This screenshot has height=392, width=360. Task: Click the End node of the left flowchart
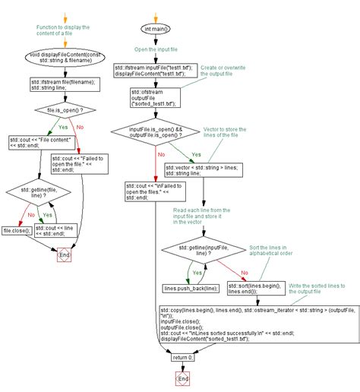point(65,255)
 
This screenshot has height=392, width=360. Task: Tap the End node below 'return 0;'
point(182,378)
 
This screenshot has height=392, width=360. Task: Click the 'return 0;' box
point(182,357)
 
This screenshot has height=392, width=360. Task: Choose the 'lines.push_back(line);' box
point(190,289)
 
